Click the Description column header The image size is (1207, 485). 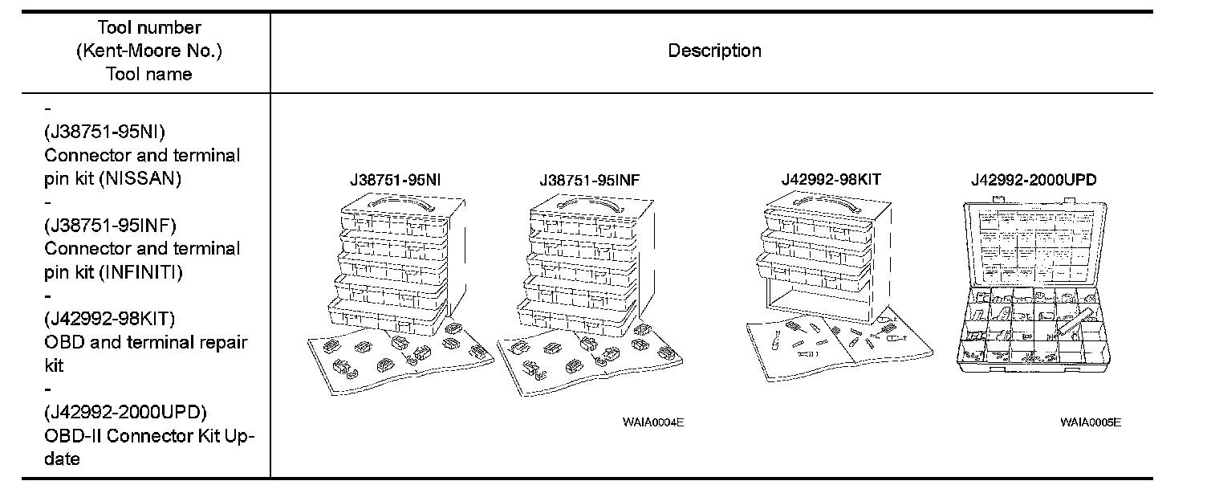click(714, 51)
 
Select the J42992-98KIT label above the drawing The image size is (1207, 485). click(831, 180)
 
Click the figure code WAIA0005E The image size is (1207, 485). click(1090, 422)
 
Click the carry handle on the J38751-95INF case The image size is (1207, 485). click(590, 204)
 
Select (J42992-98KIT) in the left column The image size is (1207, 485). click(110, 319)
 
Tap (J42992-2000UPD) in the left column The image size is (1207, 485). click(125, 413)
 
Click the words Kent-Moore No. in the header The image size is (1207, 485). click(149, 51)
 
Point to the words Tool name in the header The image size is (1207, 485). click(149, 75)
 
